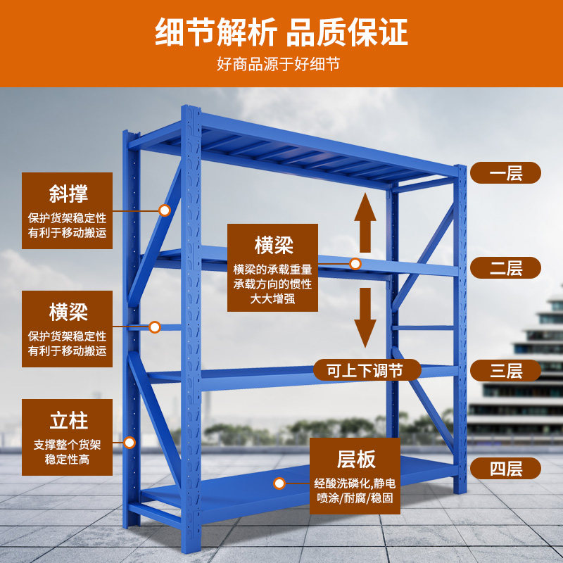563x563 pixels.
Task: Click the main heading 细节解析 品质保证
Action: [281, 32]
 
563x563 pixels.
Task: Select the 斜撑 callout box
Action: [67, 210]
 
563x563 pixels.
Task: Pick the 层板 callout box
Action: [355, 476]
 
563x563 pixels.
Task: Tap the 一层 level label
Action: [505, 173]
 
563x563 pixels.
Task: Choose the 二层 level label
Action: [505, 267]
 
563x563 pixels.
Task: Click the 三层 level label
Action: [505, 370]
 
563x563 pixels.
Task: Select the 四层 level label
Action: [505, 468]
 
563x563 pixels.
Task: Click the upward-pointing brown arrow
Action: [365, 222]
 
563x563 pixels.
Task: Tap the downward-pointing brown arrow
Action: [365, 317]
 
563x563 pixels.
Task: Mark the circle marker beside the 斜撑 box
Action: [165, 210]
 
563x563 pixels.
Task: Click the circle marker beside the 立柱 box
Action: [129, 442]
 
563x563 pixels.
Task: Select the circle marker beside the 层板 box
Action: [279, 483]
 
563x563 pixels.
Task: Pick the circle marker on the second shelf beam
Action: [355, 264]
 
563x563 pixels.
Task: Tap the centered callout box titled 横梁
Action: [273, 267]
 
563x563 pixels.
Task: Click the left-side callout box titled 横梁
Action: [67, 328]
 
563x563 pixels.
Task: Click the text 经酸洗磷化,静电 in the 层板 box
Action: [355, 484]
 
